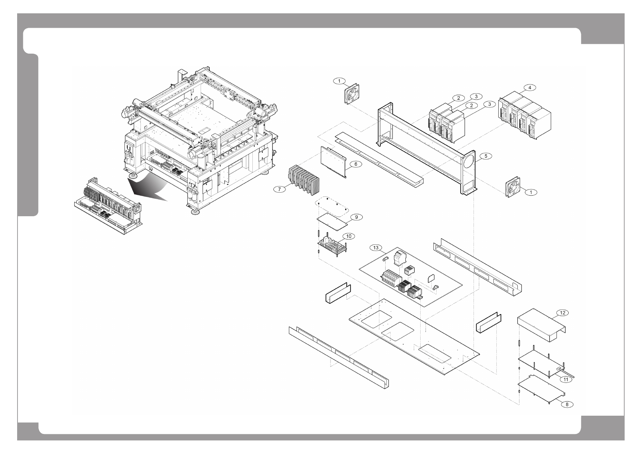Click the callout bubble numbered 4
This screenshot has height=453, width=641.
point(529,88)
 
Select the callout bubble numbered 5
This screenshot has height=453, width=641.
point(485,156)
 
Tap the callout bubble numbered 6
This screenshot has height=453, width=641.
point(355,164)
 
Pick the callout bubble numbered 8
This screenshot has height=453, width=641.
point(567,404)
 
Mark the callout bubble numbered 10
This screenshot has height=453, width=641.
point(349,236)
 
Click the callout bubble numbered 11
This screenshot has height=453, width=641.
point(566,379)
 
